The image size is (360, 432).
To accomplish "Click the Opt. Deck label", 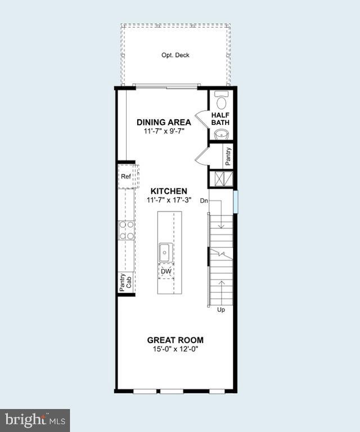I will click(175, 55).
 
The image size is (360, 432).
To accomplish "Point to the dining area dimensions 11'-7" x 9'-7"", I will click(163, 130).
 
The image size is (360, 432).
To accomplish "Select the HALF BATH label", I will click(220, 119).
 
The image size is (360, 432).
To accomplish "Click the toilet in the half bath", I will click(220, 101).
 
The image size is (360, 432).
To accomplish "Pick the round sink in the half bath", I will click(220, 134).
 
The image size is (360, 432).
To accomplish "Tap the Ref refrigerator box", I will click(126, 177).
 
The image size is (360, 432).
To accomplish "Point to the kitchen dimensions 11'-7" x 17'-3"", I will click(169, 200).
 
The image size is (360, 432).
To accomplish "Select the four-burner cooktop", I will click(127, 230).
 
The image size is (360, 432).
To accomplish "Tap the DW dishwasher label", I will click(166, 271).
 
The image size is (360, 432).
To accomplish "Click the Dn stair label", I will click(204, 200).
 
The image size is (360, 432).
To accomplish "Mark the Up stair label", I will click(221, 310).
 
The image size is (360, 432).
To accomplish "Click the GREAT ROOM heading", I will click(175, 340).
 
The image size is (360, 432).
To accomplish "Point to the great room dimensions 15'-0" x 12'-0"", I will click(175, 349).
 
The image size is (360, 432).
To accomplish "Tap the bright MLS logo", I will click(35, 420).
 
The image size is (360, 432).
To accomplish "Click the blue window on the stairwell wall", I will click(236, 200).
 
